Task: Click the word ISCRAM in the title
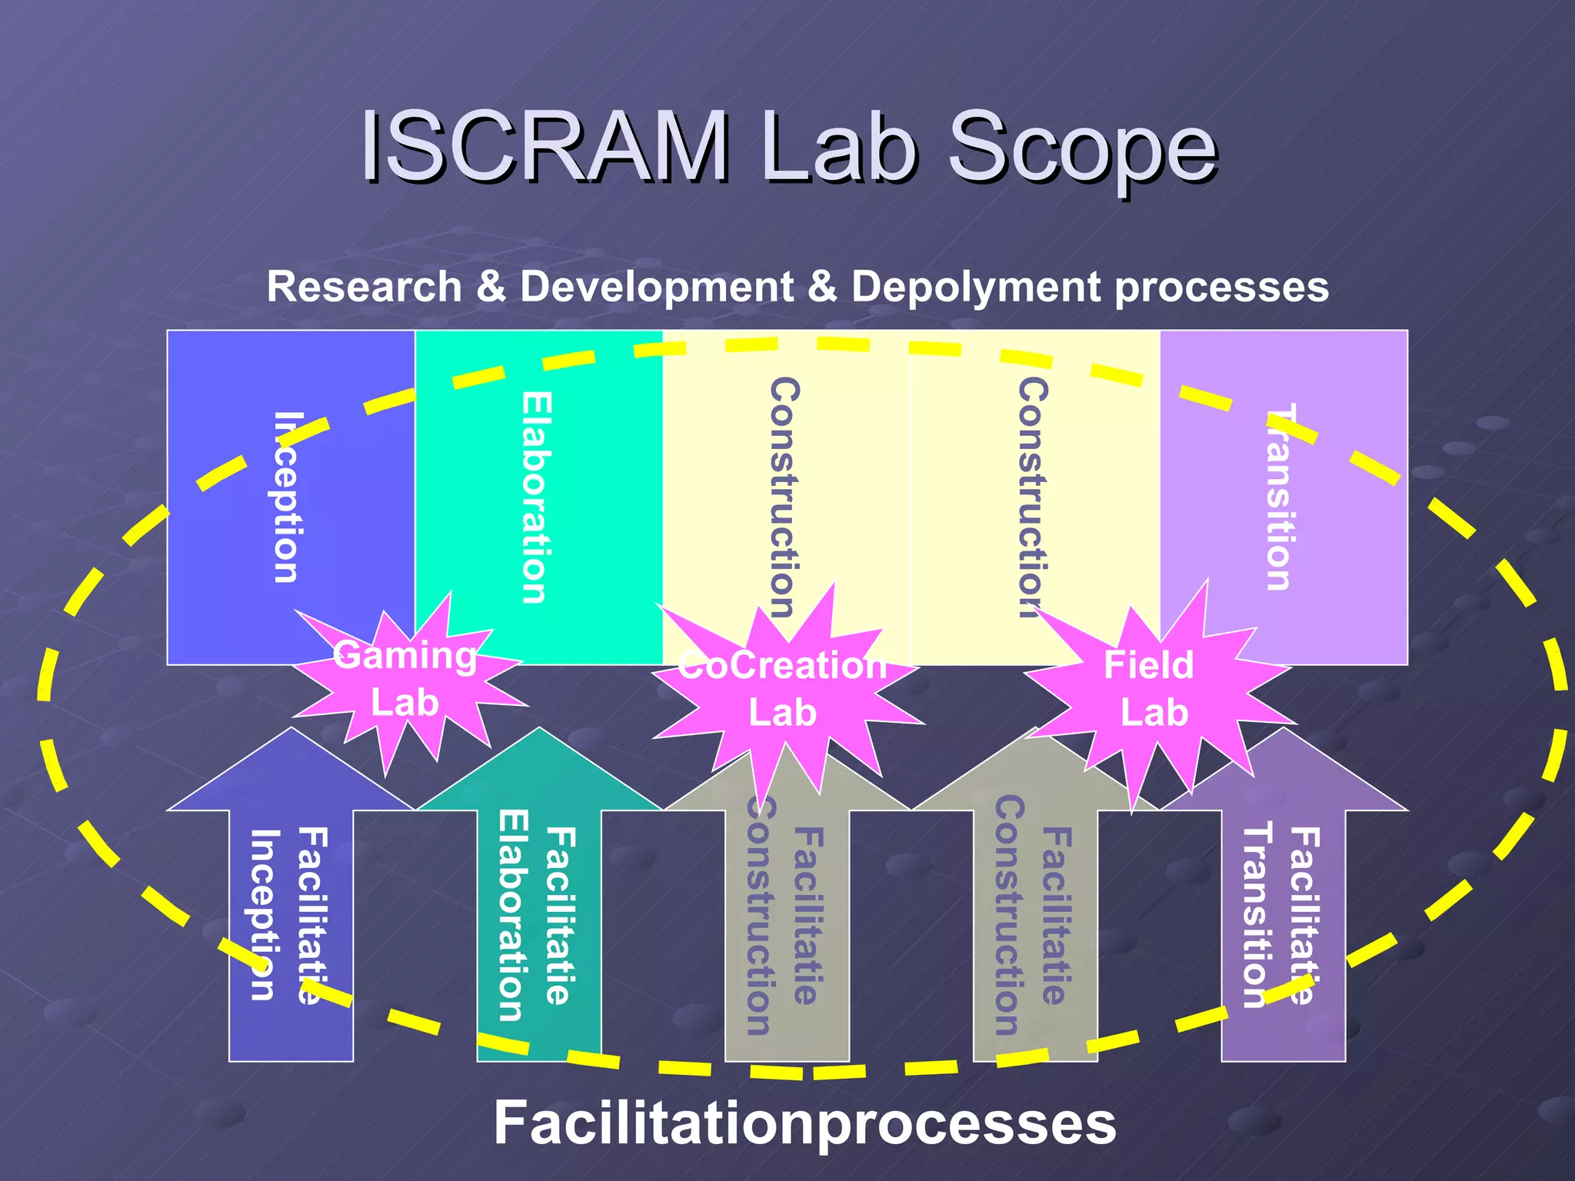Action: point(544,146)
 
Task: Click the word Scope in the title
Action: point(1082,148)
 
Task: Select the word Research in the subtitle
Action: point(363,287)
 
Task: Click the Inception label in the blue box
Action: point(286,497)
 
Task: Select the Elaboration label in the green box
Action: point(535,497)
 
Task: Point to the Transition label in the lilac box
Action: point(1278,497)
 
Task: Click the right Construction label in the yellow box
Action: point(1032,497)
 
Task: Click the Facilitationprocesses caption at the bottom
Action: point(804,1123)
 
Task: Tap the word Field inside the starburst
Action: point(1148,665)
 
